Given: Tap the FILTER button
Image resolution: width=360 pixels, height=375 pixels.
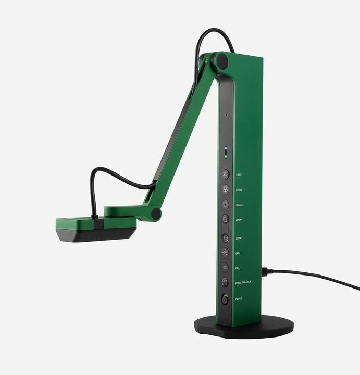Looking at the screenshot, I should click(x=225, y=190).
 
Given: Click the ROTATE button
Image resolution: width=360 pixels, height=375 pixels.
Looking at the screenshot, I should click(x=225, y=205).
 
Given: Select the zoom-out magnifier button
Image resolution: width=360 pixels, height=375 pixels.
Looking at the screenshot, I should click(x=225, y=238).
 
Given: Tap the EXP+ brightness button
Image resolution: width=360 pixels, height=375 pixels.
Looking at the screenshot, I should click(x=225, y=253).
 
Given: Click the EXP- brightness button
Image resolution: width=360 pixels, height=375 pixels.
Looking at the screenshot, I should click(x=225, y=267).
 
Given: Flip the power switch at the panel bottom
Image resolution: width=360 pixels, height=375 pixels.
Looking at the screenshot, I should click(x=225, y=299).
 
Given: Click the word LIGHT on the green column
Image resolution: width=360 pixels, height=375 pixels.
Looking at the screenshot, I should click(x=239, y=175).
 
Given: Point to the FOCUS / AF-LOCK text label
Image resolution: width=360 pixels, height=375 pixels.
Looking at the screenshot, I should click(x=243, y=282).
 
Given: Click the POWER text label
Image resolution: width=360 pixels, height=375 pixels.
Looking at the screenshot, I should click(x=239, y=299).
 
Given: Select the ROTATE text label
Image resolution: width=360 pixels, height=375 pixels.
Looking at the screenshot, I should click(x=239, y=205).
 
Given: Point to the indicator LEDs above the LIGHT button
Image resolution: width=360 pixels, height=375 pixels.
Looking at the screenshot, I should click(x=225, y=153).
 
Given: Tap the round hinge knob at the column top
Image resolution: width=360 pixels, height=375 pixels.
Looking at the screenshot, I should click(x=222, y=61).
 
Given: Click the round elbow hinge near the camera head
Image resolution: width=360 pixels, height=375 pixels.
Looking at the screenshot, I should click(x=155, y=214).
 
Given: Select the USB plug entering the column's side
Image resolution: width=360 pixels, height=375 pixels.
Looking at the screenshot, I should click(x=265, y=271).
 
